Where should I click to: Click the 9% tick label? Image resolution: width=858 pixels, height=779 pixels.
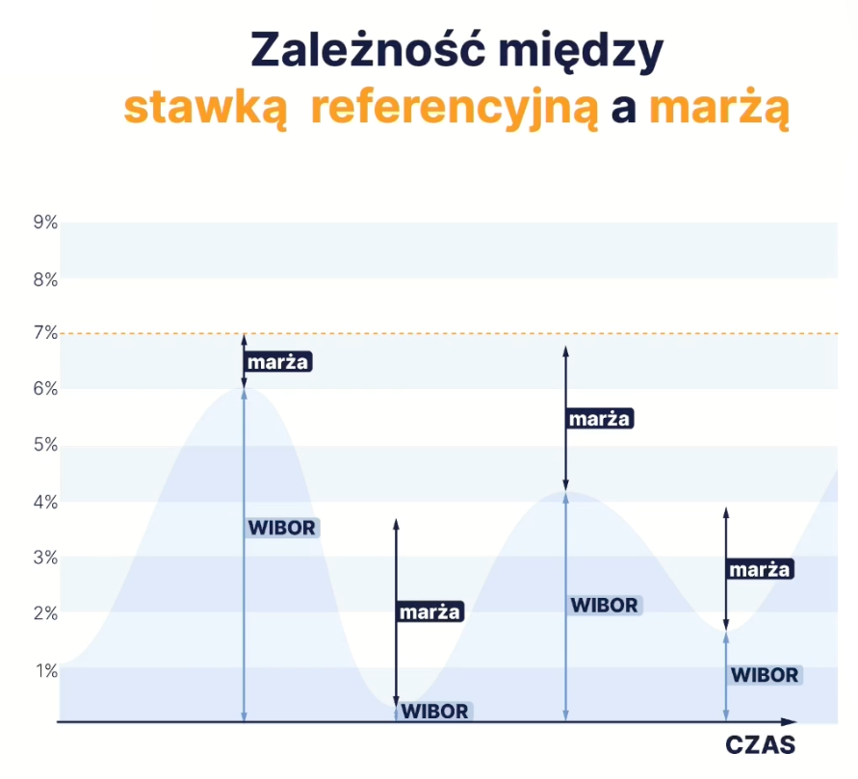click(45, 222)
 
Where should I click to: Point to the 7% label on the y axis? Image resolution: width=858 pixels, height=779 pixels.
click(45, 332)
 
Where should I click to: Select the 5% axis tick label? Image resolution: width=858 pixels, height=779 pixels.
click(45, 445)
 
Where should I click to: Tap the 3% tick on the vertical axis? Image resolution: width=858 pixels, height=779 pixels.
click(45, 558)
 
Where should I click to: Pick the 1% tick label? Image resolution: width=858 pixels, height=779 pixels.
click(46, 671)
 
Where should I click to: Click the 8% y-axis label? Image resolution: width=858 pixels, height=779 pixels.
click(45, 279)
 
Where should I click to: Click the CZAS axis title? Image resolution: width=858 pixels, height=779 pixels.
click(760, 745)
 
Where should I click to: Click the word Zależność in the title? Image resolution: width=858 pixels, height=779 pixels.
click(368, 48)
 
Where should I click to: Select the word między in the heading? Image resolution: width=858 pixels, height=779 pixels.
click(581, 51)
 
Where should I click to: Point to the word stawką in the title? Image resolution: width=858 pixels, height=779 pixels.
click(206, 108)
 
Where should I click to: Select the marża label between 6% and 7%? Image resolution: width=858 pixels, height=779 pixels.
click(278, 362)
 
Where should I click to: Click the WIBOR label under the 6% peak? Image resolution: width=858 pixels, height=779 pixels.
click(282, 528)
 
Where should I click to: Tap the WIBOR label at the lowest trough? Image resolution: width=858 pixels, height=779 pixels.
click(435, 712)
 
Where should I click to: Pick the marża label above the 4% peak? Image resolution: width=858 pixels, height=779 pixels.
click(600, 419)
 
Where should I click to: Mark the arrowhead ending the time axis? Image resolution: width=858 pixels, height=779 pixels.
click(789, 722)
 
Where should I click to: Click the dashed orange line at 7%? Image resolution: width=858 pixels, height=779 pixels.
click(449, 333)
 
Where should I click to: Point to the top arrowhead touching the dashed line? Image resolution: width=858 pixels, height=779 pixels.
click(244, 338)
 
